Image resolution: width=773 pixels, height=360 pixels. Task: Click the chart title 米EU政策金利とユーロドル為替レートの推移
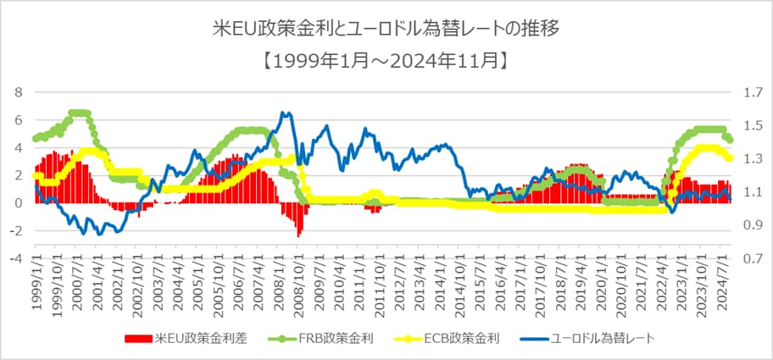pyautogui.click(x=386, y=30)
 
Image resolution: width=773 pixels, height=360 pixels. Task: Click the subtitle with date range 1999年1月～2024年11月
pyautogui.click(x=386, y=60)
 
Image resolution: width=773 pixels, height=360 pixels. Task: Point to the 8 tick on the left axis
pyautogui.click(x=19, y=91)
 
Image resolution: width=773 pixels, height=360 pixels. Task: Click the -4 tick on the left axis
pyautogui.click(x=17, y=258)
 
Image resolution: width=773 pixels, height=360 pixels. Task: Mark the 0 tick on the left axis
pyautogui.click(x=19, y=203)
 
